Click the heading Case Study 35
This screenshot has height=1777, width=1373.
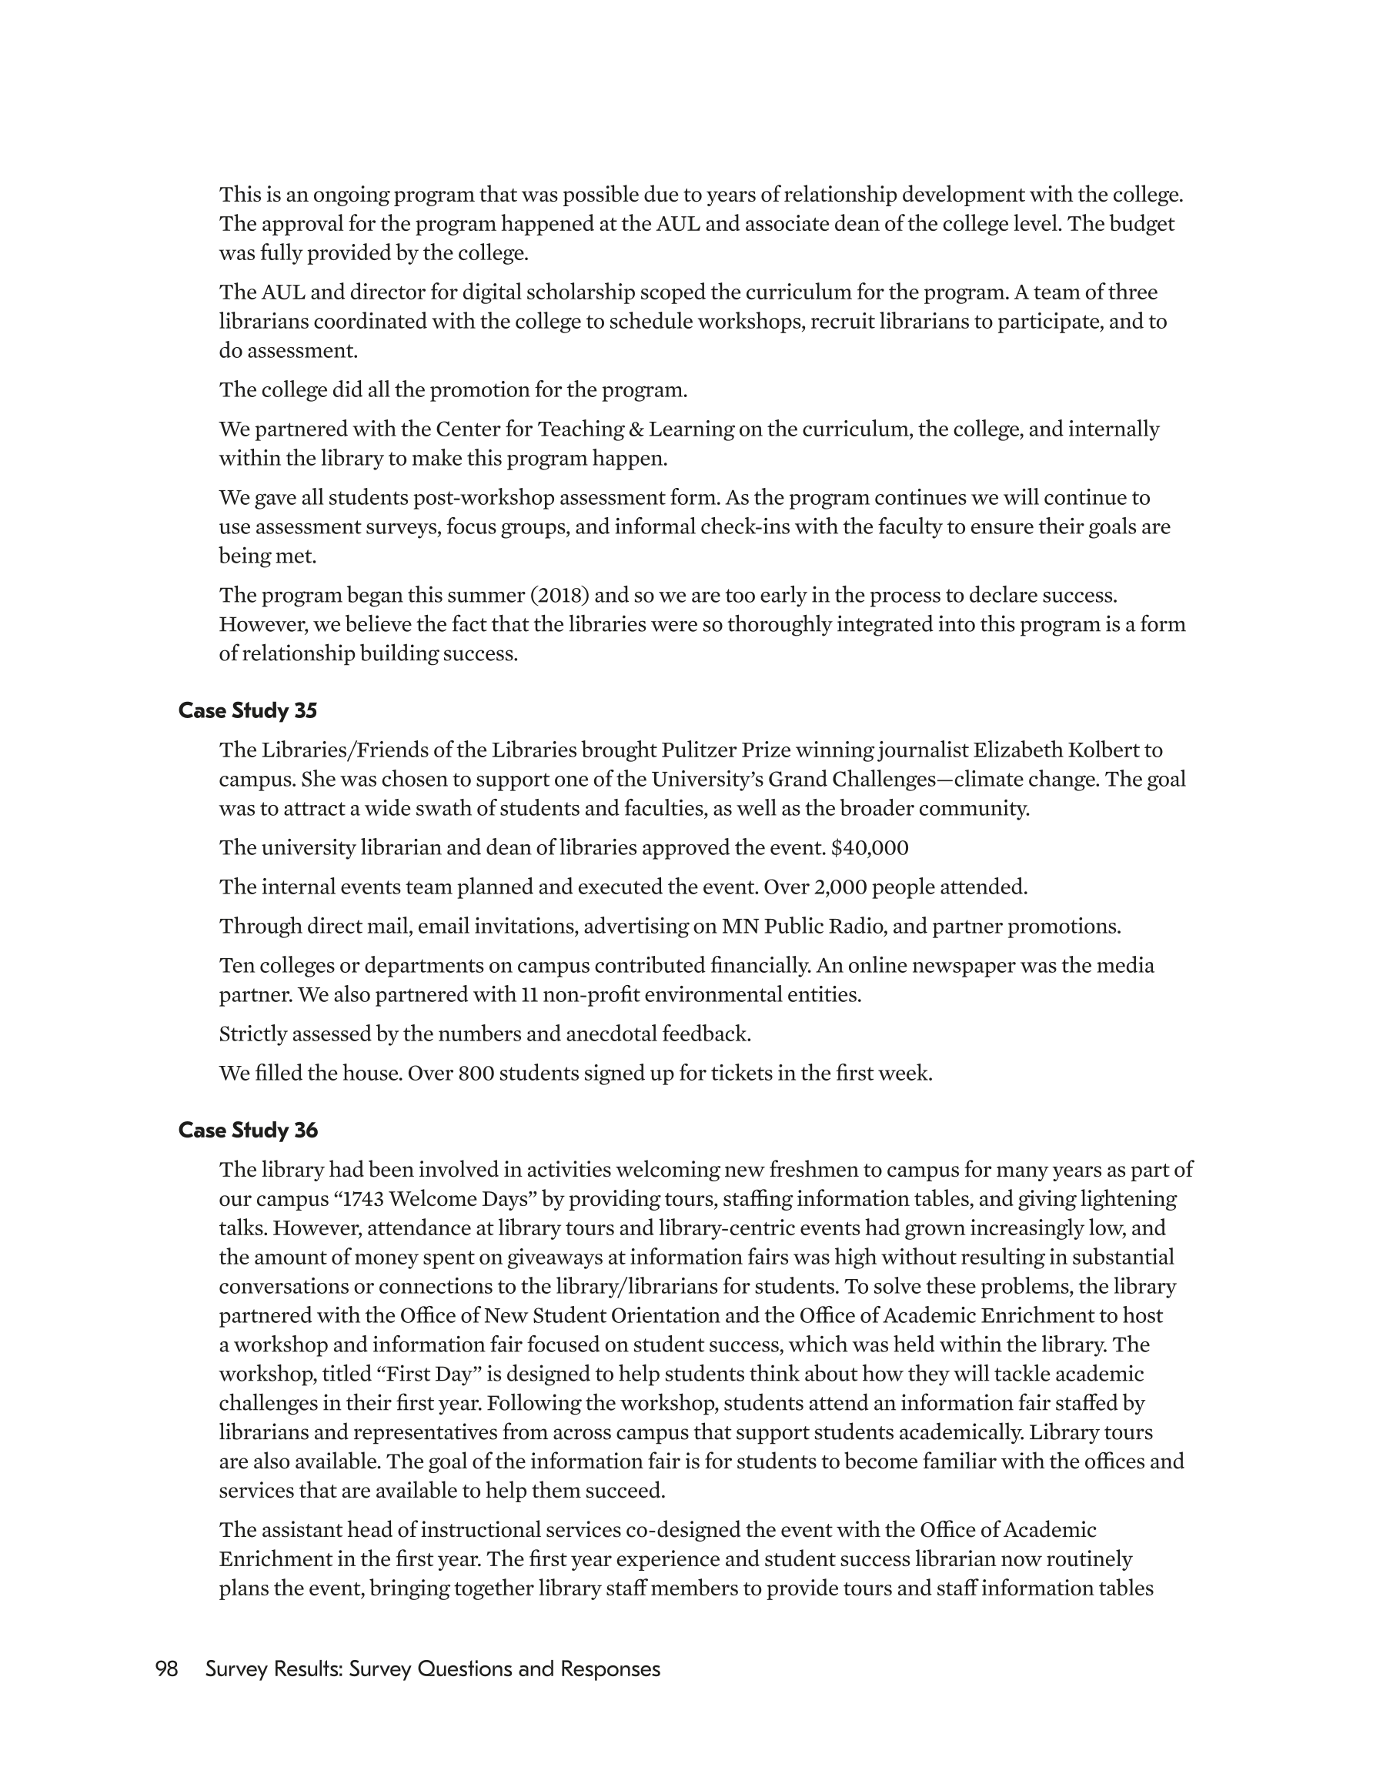pos(247,710)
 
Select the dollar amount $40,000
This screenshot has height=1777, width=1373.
pos(869,848)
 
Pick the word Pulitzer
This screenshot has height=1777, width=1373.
pos(698,750)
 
